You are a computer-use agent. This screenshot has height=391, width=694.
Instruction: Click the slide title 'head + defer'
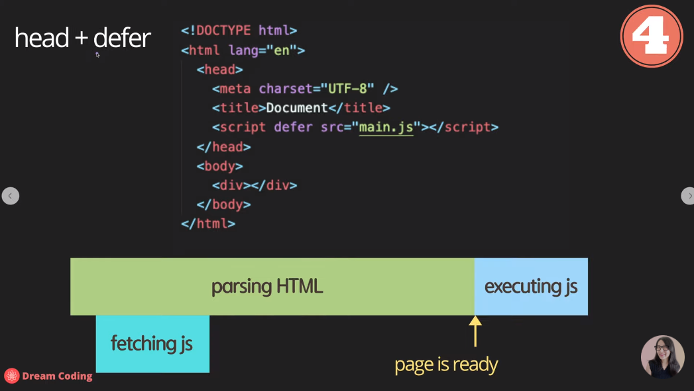(82, 39)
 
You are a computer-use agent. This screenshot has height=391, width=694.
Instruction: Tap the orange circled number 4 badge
(651, 36)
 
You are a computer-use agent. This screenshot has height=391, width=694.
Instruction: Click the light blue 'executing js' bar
(531, 287)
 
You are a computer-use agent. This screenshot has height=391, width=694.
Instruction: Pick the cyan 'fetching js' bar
(152, 344)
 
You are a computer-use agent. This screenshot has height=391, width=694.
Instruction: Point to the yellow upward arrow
(475, 331)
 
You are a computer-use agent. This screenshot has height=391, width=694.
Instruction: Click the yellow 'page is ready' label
(446, 364)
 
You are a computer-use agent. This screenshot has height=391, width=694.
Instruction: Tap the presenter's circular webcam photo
(662, 357)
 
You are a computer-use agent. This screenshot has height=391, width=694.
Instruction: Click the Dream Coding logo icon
(11, 376)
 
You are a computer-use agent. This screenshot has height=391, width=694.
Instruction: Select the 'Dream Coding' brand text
(57, 376)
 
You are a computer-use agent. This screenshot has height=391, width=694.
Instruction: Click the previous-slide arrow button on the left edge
(10, 196)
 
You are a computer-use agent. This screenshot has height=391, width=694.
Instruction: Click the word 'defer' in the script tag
(293, 127)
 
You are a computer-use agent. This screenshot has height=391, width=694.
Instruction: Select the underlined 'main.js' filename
(386, 127)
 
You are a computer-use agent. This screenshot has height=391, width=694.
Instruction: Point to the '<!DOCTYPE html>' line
(239, 31)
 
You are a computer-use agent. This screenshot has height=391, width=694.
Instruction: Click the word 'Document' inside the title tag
(297, 108)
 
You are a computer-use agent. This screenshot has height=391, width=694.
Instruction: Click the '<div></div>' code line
(255, 185)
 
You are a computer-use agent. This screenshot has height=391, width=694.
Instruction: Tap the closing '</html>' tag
(208, 224)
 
